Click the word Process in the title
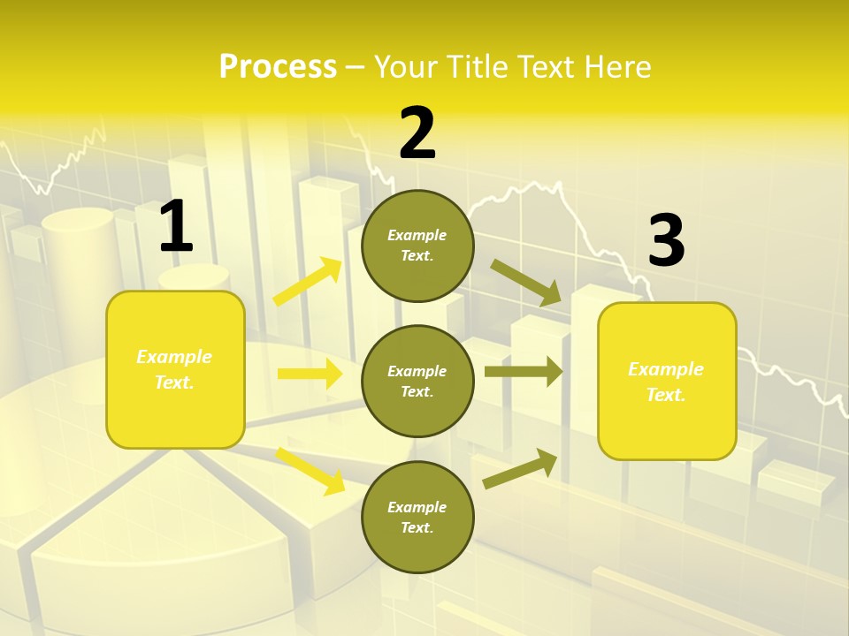click(x=278, y=66)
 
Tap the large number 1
click(x=176, y=227)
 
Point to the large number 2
click(x=417, y=133)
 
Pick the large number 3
click(x=666, y=241)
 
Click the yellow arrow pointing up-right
click(x=308, y=282)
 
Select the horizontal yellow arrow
click(x=310, y=374)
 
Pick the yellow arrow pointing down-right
click(x=310, y=470)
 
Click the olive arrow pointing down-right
click(x=525, y=283)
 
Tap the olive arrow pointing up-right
click(x=520, y=469)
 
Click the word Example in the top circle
click(x=417, y=235)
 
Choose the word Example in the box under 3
click(x=666, y=369)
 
